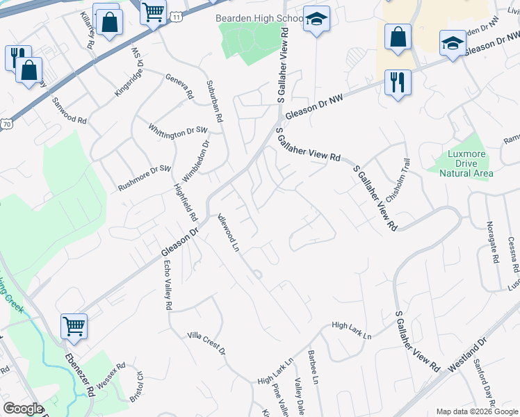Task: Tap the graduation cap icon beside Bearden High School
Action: click(x=316, y=20)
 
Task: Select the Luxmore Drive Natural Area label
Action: click(x=466, y=163)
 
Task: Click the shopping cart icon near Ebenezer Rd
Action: click(x=74, y=324)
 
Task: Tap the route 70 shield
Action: click(x=7, y=124)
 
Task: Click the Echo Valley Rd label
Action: click(x=167, y=285)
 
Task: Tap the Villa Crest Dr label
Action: click(x=206, y=343)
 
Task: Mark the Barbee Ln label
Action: click(x=314, y=368)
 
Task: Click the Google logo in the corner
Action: click(x=23, y=409)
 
